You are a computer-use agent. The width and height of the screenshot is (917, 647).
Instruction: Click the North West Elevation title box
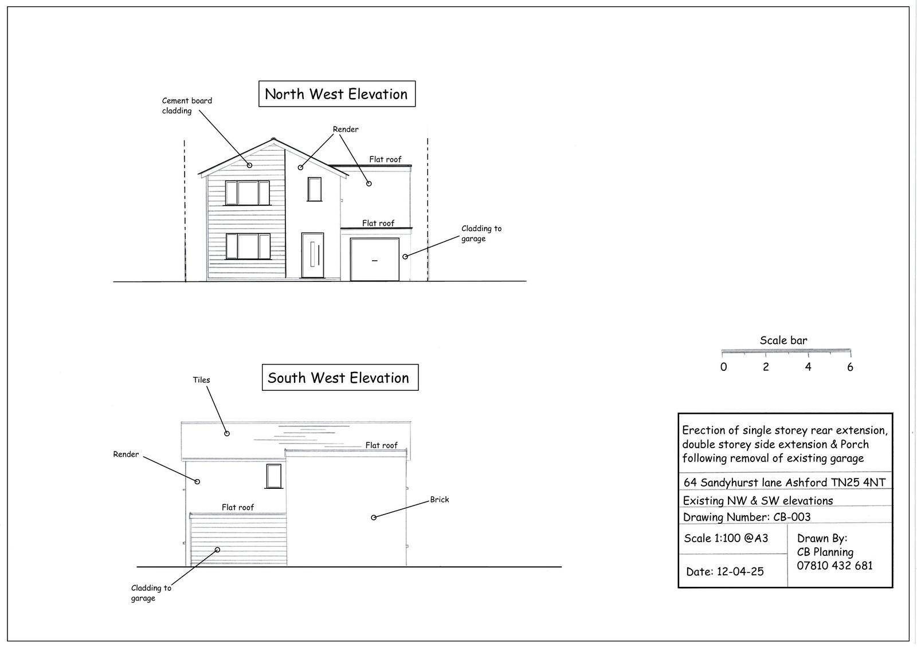336,94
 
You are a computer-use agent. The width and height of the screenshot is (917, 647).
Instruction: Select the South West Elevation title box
339,378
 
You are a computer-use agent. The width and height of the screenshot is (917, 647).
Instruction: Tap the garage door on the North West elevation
374,260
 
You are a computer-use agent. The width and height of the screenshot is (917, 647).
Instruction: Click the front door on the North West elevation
312,256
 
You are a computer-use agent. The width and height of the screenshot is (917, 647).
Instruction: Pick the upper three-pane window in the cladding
247,193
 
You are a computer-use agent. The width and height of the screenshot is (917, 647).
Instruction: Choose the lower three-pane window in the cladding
248,246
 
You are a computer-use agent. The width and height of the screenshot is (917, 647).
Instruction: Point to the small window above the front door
315,189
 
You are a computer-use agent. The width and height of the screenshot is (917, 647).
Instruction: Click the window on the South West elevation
274,476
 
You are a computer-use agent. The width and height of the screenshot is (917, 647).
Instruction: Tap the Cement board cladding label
187,105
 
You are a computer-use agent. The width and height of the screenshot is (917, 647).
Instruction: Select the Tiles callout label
201,380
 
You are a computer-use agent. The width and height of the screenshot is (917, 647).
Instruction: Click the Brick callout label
440,500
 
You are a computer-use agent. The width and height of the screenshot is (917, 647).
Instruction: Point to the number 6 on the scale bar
850,367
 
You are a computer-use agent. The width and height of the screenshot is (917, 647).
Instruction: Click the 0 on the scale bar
723,367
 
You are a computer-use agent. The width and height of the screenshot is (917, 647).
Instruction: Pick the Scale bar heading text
783,340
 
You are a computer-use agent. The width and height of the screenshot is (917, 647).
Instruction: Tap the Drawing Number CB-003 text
747,517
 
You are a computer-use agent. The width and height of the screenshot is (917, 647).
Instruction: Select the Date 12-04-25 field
724,571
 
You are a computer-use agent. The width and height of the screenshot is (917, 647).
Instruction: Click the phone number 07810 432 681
834,566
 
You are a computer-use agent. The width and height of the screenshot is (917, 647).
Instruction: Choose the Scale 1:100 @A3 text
726,538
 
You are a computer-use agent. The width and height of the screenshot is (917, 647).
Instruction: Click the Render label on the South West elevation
126,454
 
